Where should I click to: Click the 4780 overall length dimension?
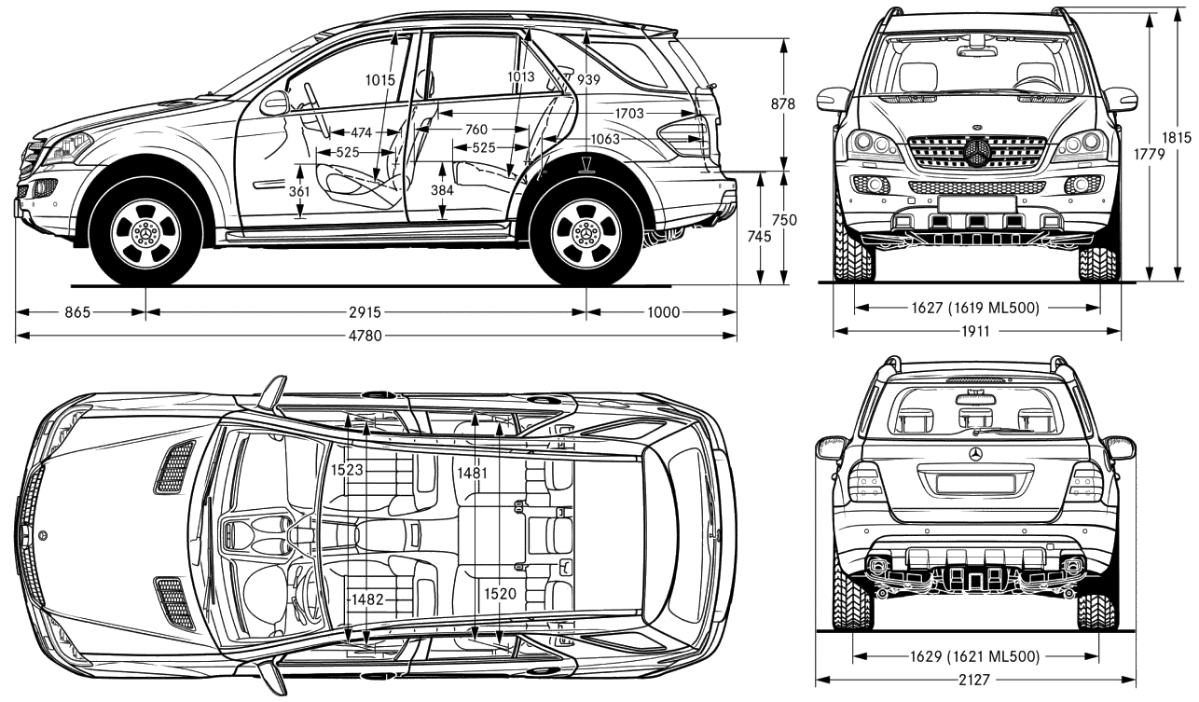point(365,336)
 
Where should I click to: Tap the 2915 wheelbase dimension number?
point(365,311)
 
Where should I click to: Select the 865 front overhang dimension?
point(77,311)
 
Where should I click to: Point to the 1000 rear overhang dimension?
point(663,311)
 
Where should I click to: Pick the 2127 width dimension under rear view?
point(974,680)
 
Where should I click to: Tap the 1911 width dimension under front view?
point(975,331)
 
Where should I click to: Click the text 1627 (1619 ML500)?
point(975,308)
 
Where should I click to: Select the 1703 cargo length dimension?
point(629,114)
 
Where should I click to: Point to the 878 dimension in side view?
point(783,103)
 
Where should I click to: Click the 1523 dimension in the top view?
point(347,470)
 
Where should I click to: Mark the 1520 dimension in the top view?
point(501,593)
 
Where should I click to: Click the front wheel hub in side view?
point(146,234)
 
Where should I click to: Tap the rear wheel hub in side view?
point(587,233)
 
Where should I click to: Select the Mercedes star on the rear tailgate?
point(975,453)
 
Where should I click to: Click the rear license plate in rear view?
point(976,483)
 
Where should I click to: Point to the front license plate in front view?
point(977,204)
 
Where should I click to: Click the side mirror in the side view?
point(274,103)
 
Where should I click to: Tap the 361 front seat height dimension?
point(300,191)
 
